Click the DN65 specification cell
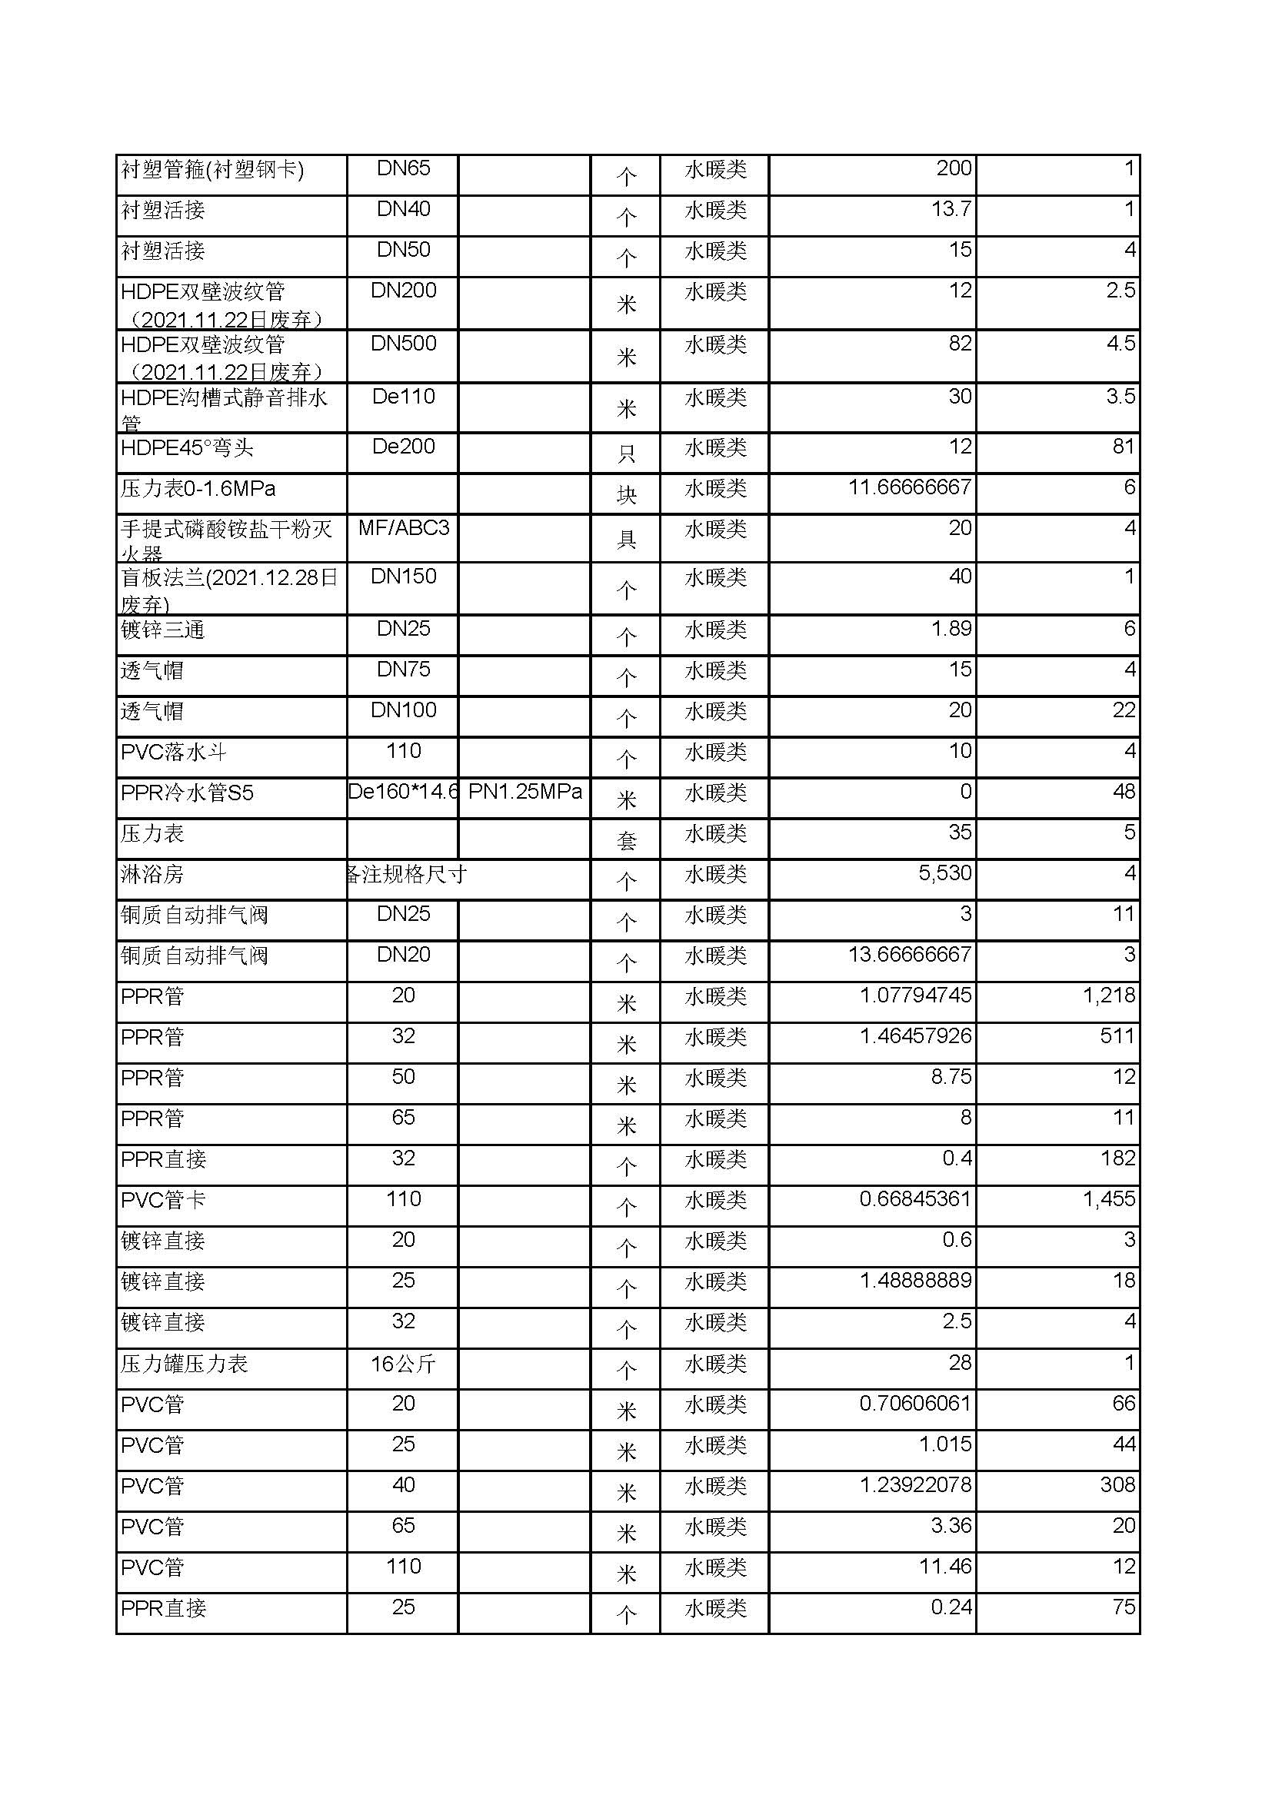coord(404,168)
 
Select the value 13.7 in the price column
coord(951,209)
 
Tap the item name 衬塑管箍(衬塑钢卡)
coord(212,169)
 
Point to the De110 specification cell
coord(404,396)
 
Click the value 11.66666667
coord(909,487)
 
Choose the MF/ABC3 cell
coord(404,528)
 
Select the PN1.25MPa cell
coord(524,792)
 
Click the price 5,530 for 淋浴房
coord(944,873)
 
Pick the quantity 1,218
coord(1108,995)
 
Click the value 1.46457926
coord(915,1036)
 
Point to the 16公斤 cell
coord(404,1364)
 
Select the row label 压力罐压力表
coord(184,1364)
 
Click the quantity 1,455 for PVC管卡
coord(1108,1199)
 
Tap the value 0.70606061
coord(915,1404)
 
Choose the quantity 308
coord(1117,1485)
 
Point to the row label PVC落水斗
coord(174,753)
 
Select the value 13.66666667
coord(909,955)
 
